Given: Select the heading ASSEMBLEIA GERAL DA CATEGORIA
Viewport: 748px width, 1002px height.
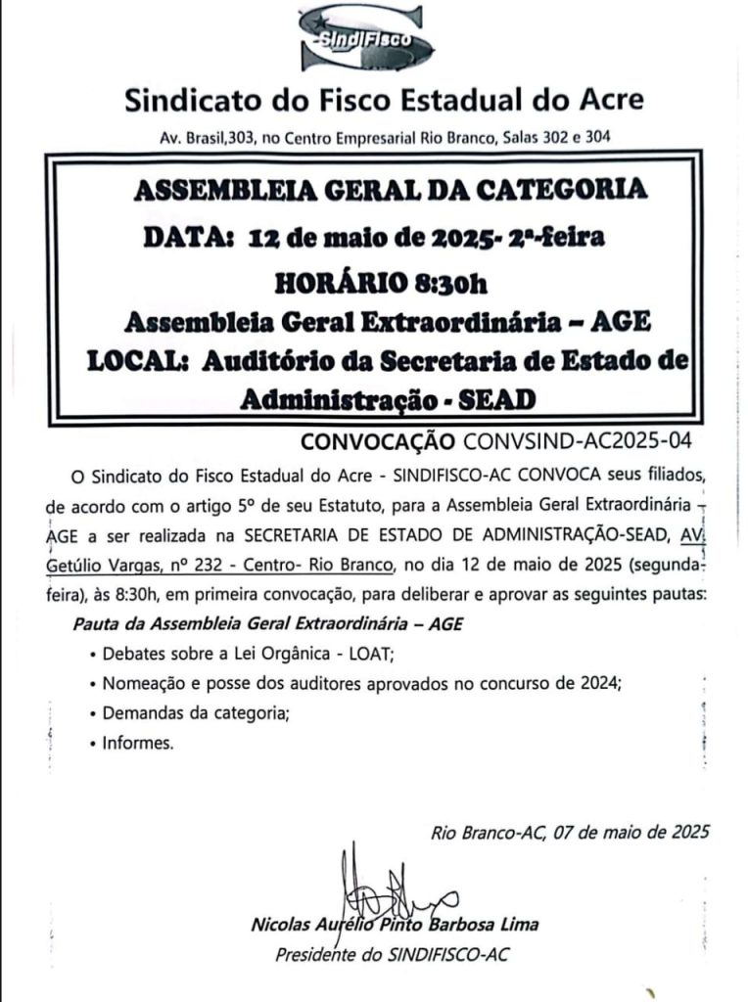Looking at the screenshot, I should tap(390, 190).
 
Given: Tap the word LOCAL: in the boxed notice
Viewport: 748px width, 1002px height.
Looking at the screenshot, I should tap(138, 360).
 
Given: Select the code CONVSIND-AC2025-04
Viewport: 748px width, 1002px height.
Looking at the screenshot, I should tap(578, 441).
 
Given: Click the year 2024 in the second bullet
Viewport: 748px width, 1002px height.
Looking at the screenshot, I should tap(597, 684).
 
